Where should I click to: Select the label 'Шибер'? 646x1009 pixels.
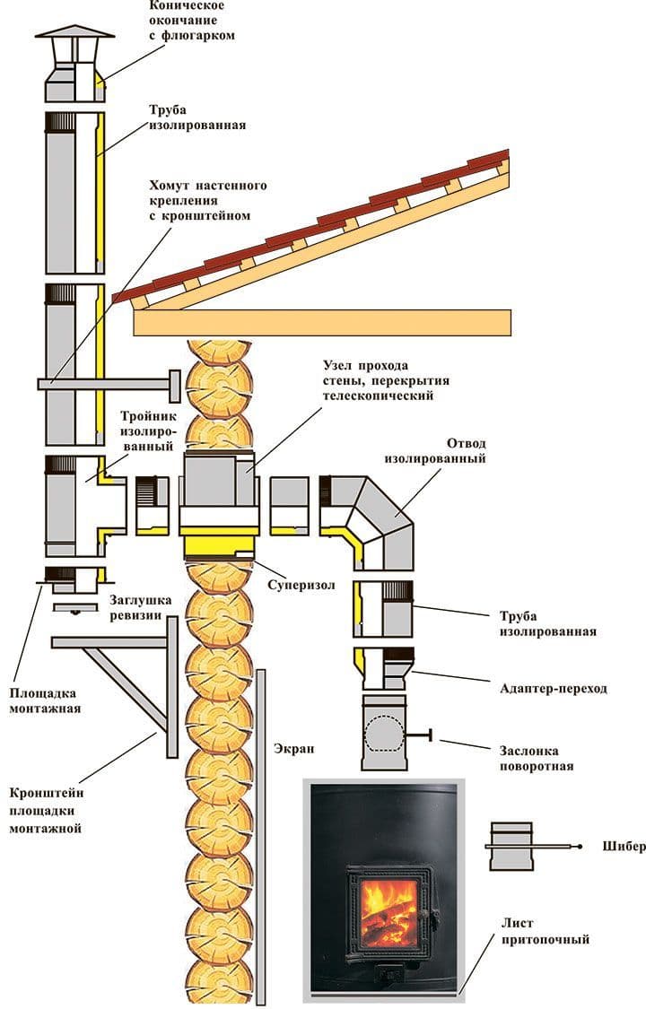pos(618,847)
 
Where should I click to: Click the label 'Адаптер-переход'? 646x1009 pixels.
pos(553,689)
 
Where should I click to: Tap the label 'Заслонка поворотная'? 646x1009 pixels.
pos(537,758)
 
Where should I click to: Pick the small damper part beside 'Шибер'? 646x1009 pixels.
pos(514,845)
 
